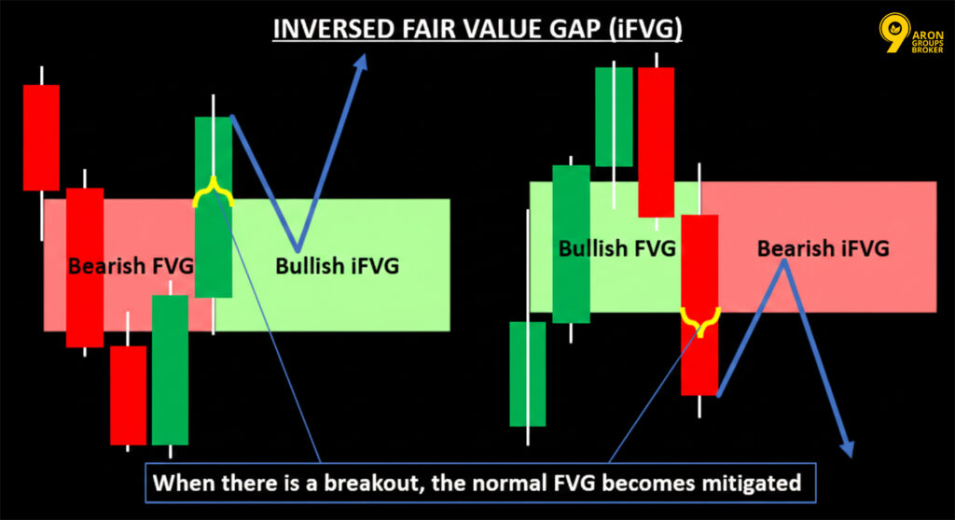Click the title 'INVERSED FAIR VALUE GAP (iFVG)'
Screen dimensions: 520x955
[477, 32]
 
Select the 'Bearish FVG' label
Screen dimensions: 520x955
[130, 266]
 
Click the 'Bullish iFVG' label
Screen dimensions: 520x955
[337, 266]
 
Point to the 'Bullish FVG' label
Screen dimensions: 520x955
[617, 248]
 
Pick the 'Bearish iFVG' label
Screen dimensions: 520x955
[822, 248]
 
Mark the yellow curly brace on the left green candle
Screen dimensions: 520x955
[213, 192]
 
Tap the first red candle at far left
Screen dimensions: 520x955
[41, 137]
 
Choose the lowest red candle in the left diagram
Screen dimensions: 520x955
[128, 394]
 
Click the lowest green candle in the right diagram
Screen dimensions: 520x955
[527, 373]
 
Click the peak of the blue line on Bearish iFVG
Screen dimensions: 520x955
[784, 262]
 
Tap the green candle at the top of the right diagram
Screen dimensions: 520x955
[613, 116]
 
